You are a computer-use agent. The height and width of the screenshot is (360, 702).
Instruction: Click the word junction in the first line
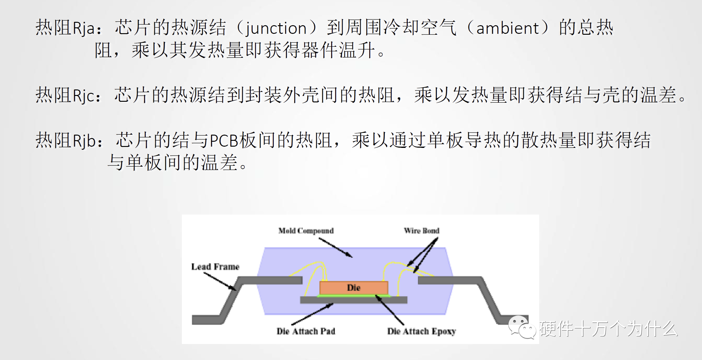coord(276,28)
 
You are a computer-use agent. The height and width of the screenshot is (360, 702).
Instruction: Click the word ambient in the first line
coord(508,28)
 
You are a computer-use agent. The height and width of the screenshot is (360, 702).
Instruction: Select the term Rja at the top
coord(83,28)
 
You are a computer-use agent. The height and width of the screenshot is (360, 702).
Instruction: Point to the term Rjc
coord(83,95)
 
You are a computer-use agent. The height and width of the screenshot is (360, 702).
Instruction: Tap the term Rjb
coord(84,141)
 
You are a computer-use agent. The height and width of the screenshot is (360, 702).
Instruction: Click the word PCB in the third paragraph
coord(224,141)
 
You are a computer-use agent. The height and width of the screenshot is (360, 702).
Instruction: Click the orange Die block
coord(354,288)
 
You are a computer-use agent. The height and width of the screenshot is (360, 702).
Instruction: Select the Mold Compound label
coord(306,231)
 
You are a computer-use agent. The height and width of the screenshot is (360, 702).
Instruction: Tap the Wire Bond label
coord(421,231)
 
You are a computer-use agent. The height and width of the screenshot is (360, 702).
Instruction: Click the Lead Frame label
coord(215,267)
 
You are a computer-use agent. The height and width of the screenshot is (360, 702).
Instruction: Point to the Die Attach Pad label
coord(306,331)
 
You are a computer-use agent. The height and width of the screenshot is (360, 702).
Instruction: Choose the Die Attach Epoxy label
coord(421,331)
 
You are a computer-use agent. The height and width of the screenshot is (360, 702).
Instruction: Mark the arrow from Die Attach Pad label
coord(312,315)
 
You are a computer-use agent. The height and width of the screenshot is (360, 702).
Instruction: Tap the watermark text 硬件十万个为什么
coord(608,329)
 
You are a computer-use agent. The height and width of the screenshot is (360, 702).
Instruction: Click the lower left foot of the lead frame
coord(206,320)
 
